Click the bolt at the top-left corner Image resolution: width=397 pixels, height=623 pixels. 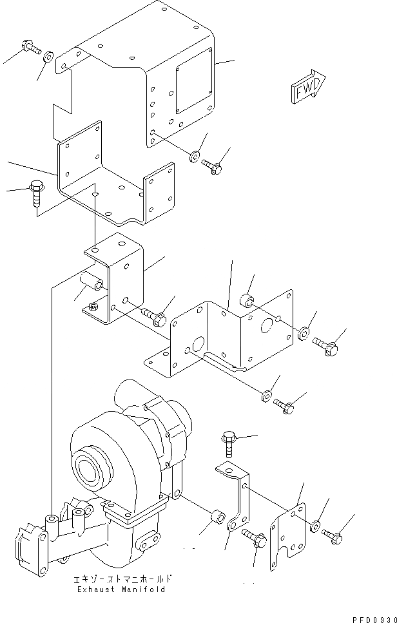pyautogui.click(x=30, y=47)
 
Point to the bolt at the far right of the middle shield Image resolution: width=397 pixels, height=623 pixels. pyautogui.click(x=325, y=345)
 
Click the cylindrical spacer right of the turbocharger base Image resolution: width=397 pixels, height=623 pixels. pyautogui.click(x=217, y=517)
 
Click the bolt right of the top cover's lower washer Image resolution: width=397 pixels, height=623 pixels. pyautogui.click(x=212, y=166)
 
